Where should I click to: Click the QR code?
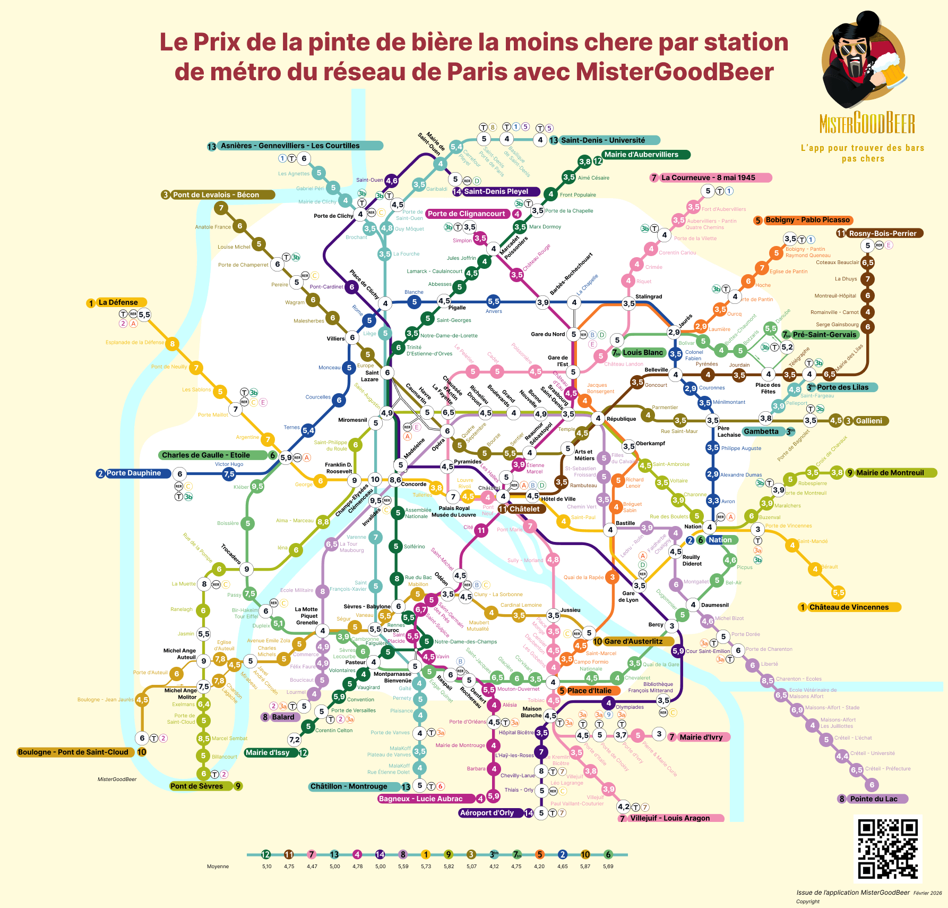(887, 849)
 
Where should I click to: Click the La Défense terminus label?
(118, 302)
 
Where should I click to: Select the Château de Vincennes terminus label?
(849, 607)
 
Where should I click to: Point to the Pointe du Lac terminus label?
(874, 799)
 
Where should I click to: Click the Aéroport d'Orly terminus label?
(487, 813)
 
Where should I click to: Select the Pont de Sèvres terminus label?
(196, 786)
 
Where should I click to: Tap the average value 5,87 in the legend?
(585, 867)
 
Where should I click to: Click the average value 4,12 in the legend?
(494, 867)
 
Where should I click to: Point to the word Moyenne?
(218, 867)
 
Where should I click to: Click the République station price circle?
(598, 418)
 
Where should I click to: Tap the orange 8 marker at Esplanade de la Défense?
(172, 344)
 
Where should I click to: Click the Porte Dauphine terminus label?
(134, 473)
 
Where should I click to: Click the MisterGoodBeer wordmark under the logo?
(867, 124)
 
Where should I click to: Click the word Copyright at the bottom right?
(807, 902)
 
